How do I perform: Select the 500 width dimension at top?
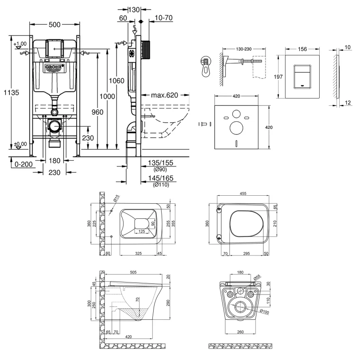pos(54,25)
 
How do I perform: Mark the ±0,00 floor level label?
pos(20,144)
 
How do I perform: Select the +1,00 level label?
pos(20,44)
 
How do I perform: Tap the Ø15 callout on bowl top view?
pos(116,200)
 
